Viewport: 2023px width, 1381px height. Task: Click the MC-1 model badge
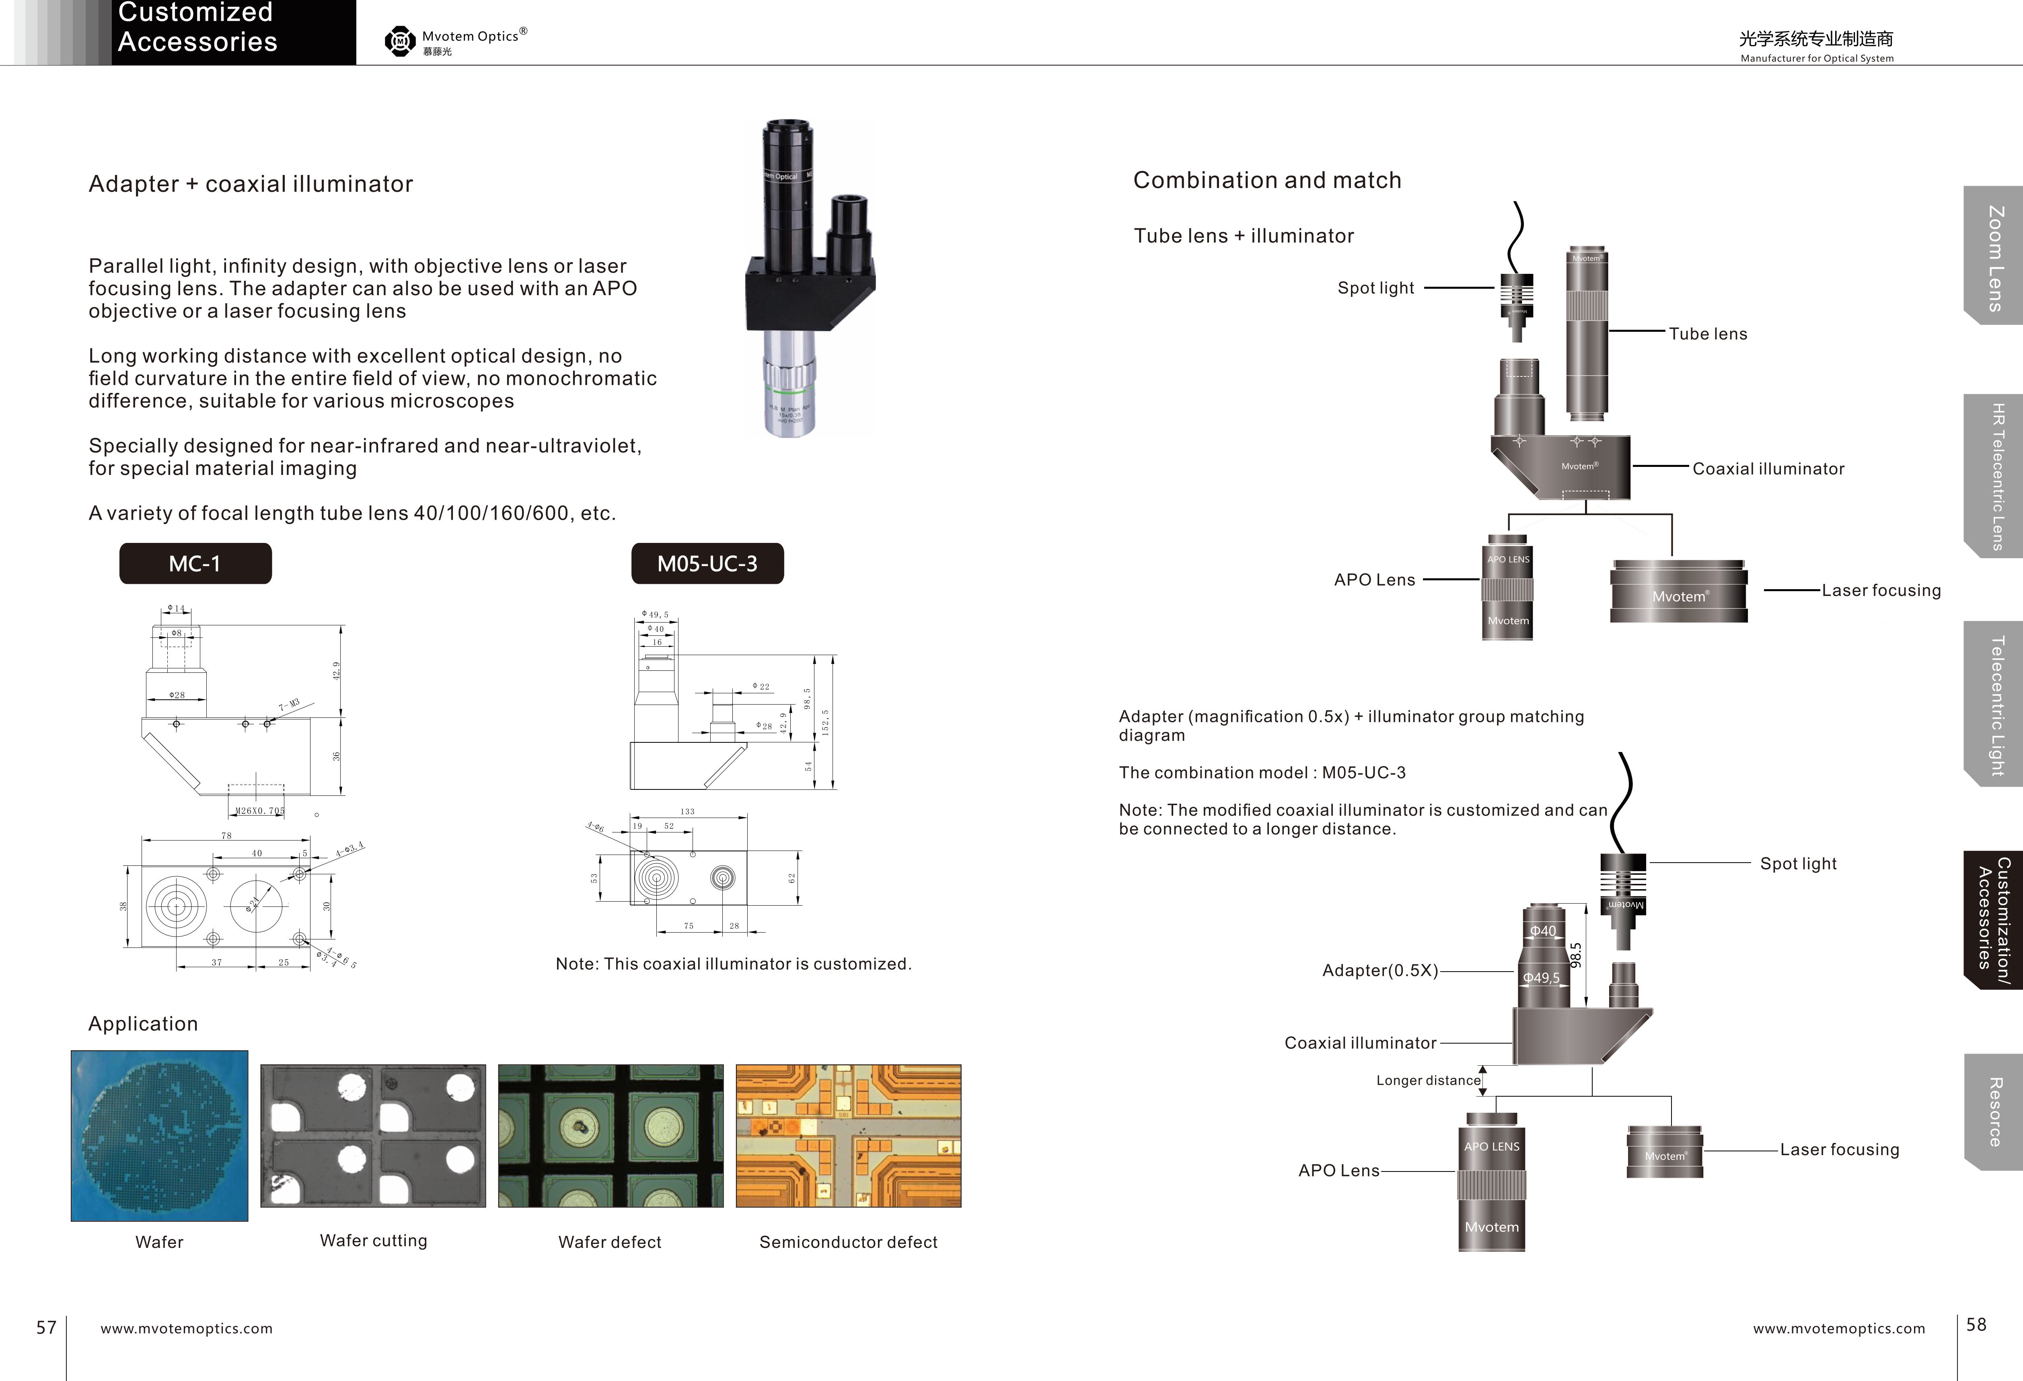(195, 564)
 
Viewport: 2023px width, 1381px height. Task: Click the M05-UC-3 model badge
(707, 564)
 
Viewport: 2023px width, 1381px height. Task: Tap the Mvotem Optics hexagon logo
(399, 41)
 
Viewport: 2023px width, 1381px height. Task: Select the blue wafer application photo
(159, 1136)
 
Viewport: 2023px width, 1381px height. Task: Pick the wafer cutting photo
(372, 1136)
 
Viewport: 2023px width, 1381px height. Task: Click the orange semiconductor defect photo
(848, 1136)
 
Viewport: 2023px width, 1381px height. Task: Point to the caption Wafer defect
(609, 1242)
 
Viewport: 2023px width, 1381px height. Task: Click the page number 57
(46, 1327)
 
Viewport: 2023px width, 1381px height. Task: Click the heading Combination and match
(1266, 180)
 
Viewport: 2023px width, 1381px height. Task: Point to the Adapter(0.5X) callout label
(1380, 970)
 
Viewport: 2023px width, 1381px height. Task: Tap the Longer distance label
(1428, 1080)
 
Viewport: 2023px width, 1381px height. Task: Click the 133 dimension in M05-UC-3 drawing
(688, 811)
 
